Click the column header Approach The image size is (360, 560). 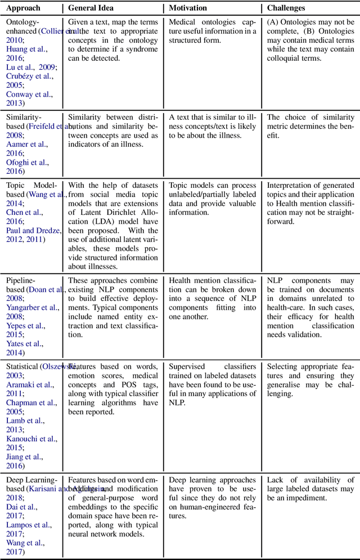tap(24, 8)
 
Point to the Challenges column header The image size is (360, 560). tap(286, 8)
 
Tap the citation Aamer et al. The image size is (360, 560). tap(26, 144)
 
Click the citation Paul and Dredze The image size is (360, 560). tap(33, 231)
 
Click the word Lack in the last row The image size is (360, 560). tap(276, 480)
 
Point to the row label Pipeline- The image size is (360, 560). tap(21, 281)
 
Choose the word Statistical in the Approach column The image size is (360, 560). tap(22, 367)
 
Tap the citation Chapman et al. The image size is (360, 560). tap(30, 403)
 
